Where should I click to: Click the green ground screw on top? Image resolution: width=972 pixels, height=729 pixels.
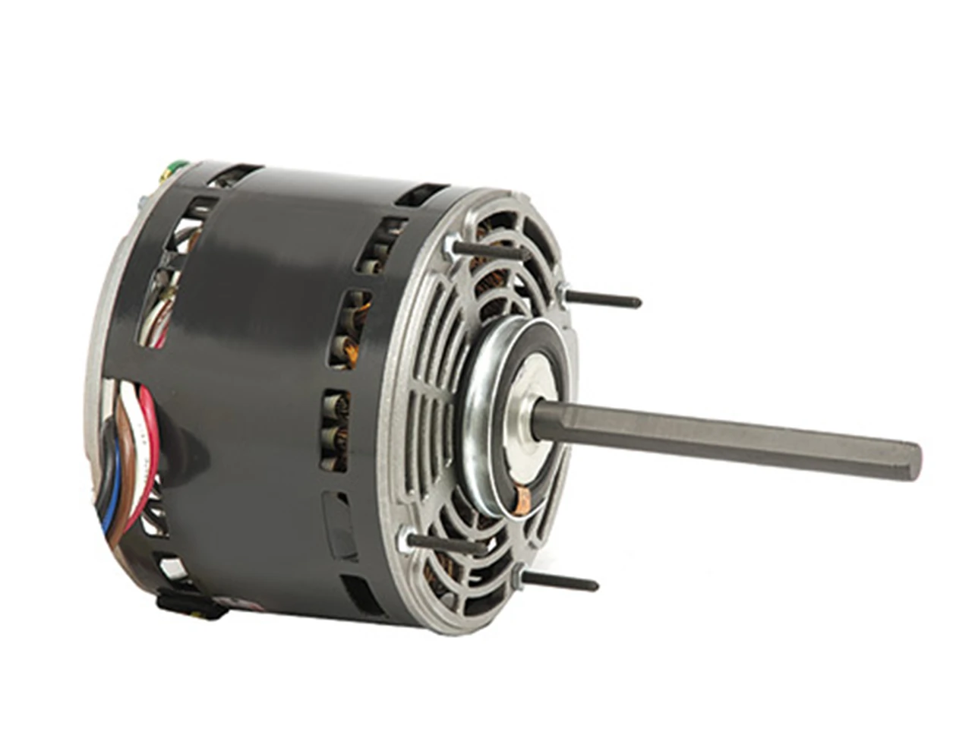click(176, 164)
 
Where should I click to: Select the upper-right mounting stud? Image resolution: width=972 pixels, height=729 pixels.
click(607, 299)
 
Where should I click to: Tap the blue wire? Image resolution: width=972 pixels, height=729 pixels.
click(109, 501)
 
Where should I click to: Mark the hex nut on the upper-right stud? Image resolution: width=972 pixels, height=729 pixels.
click(564, 292)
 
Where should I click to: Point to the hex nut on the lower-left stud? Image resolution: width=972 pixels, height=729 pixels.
click(414, 539)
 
